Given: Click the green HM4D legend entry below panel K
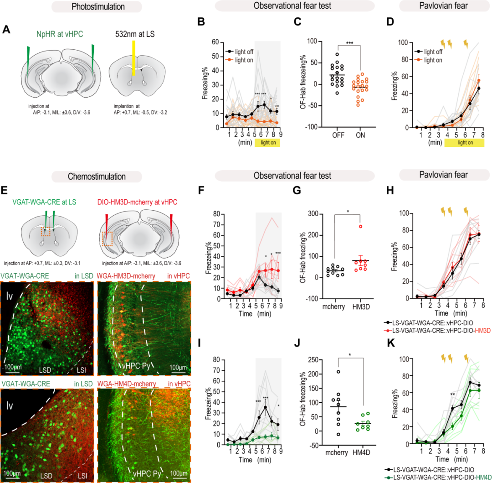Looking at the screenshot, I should coord(437,476).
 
